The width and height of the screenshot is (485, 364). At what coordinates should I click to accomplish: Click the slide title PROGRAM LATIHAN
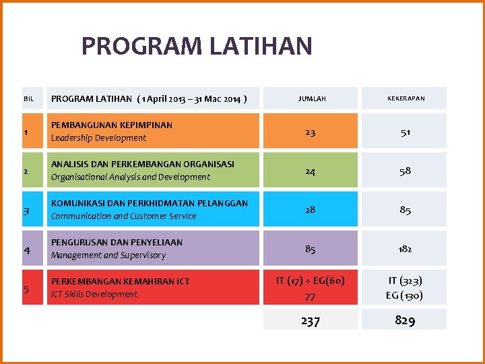pos(197,47)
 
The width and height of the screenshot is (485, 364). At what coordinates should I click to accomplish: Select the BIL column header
pos(28,99)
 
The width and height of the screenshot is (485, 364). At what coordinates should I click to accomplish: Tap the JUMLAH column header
pos(312,98)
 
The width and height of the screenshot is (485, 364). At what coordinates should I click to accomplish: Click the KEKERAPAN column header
pos(406,98)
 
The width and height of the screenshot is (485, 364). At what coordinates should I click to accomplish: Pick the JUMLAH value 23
pos(310,132)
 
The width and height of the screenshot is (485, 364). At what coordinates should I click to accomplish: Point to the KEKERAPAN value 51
pos(405,132)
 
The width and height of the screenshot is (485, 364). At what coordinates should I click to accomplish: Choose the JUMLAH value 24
pos(310,171)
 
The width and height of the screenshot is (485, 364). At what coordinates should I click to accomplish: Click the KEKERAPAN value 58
pos(405,171)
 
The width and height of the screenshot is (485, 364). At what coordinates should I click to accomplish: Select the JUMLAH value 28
pos(310,210)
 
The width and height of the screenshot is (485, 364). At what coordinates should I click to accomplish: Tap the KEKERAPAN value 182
pos(405,249)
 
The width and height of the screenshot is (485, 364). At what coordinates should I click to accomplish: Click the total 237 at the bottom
pos(310,321)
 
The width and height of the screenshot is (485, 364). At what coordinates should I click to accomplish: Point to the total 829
pos(405,321)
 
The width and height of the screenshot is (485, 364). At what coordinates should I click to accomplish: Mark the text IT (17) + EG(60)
pos(310,280)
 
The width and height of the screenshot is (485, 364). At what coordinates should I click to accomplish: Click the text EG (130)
pos(405,295)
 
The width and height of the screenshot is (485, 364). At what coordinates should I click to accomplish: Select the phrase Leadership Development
pos(98,138)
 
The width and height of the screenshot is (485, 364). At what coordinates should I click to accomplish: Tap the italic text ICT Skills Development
pos(94,295)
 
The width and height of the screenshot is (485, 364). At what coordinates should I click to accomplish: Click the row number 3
pos(26,211)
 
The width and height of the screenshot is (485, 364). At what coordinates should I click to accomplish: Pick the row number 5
pos(26,289)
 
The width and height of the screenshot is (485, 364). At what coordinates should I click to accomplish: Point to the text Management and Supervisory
pos(108,255)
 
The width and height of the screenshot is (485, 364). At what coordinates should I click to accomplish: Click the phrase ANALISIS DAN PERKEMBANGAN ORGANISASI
pos(143,164)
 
